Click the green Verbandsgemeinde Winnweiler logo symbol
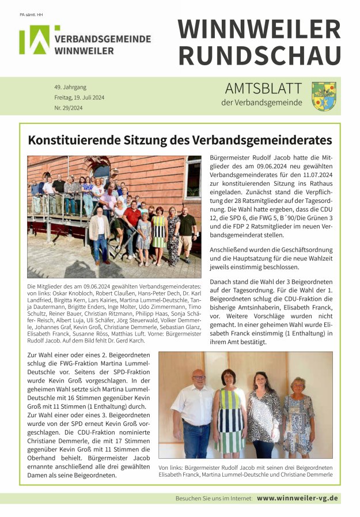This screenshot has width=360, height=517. tap(35, 40)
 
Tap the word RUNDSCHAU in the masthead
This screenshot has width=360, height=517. tap(259, 55)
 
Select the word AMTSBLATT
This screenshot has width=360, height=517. tap(263, 88)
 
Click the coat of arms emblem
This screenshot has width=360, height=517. tap(323, 96)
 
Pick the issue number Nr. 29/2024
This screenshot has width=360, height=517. tap(69, 108)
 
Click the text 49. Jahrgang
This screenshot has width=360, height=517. tap(71, 87)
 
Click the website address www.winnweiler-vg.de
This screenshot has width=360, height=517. tap(297, 498)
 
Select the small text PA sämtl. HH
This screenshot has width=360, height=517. tap(32, 14)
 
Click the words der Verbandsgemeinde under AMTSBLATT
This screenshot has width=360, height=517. tap(261, 103)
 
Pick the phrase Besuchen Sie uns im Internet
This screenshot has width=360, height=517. tap(214, 498)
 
